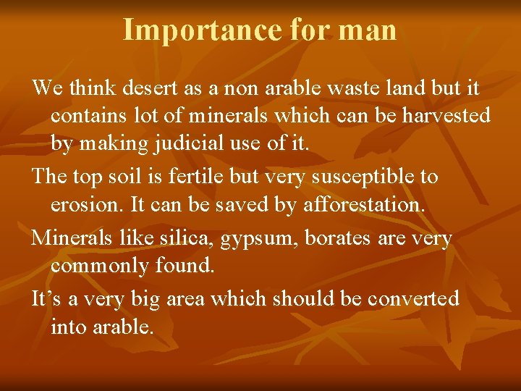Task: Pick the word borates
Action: (334, 237)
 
